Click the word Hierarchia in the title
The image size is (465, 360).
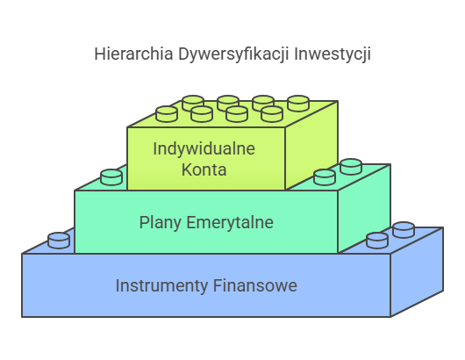coord(133,54)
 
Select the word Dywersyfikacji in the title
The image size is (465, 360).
coord(233,55)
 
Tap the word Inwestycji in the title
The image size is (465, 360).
coord(333,55)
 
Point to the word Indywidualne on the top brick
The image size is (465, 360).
coord(204,149)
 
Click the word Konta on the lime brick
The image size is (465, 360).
coord(204,169)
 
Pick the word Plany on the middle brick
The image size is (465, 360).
coord(161,223)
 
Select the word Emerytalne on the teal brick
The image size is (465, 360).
coord(230,222)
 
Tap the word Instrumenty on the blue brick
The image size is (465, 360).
coord(161,286)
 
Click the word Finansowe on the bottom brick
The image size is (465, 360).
coord(255,285)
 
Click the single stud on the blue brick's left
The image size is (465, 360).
coord(59,241)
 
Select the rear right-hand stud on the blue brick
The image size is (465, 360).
coord(404,230)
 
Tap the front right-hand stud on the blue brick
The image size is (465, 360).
coord(377,241)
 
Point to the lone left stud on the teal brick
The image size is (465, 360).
coord(111,177)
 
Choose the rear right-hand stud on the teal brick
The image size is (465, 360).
coord(351,167)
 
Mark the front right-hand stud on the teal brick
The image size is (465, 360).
coord(325,177)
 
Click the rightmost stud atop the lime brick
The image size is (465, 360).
coord(298,104)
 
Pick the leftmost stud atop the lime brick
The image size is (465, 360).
coord(167,114)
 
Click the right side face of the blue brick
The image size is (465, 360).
coord(417,271)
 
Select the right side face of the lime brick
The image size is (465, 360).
coord(311,146)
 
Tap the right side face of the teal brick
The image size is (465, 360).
coord(364,208)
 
